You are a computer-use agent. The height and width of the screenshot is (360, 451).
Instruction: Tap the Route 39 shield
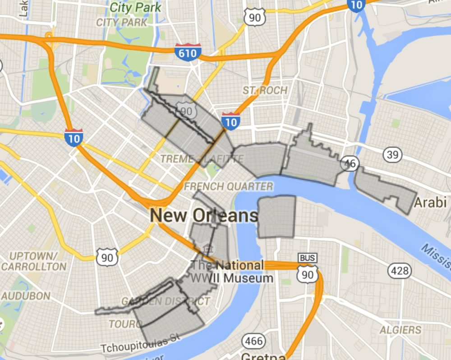(392, 155)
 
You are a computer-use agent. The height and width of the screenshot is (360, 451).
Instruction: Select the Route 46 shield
(350, 163)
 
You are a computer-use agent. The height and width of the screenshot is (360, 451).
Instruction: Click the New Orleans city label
(204, 216)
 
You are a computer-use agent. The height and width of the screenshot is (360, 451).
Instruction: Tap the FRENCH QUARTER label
(229, 186)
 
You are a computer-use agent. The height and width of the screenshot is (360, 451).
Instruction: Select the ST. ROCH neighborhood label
(265, 90)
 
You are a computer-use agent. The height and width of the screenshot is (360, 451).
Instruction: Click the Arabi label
(431, 201)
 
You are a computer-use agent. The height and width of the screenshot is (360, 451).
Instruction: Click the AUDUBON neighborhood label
(25, 296)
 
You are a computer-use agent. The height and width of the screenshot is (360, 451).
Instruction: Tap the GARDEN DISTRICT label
(166, 301)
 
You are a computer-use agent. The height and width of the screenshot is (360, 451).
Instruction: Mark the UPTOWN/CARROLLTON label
(33, 261)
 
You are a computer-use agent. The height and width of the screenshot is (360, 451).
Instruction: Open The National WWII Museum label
(232, 272)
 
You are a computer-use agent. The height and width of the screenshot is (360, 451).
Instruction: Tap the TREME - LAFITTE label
(202, 159)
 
